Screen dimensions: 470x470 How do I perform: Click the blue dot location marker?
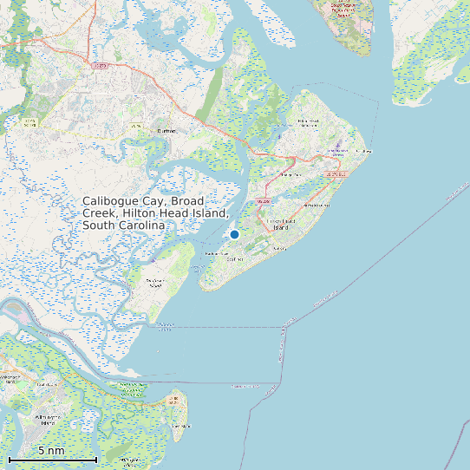(234, 234)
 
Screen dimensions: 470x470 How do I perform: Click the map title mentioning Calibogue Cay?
(155, 212)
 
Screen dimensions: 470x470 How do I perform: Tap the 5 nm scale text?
(51, 451)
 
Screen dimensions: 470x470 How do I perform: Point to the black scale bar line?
(52, 459)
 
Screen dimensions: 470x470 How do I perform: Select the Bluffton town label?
(166, 131)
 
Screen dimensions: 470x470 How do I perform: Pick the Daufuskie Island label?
(155, 284)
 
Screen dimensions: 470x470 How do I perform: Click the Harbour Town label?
(214, 254)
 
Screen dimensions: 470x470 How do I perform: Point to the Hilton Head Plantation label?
(308, 122)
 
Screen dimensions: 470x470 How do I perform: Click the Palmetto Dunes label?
(317, 206)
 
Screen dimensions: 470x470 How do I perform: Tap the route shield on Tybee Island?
(175, 401)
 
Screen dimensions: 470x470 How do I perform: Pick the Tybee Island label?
(180, 426)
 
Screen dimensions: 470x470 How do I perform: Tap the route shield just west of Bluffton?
(136, 127)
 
